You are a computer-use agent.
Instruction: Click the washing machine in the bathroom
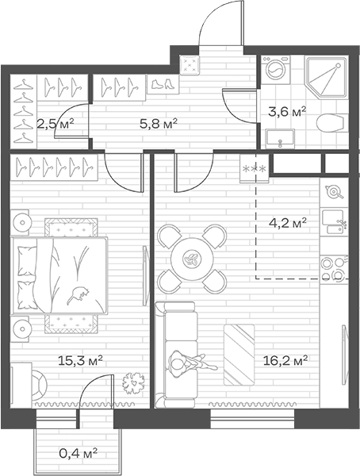[x=276, y=70]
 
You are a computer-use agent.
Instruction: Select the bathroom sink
[x=280, y=138]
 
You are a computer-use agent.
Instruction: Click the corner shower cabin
[x=326, y=78]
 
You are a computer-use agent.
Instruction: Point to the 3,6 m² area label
[x=287, y=112]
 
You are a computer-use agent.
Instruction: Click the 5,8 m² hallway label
[x=158, y=124]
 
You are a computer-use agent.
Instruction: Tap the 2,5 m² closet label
[x=56, y=124]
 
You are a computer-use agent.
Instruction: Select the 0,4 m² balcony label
[x=79, y=454]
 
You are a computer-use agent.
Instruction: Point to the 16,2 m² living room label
[x=285, y=361]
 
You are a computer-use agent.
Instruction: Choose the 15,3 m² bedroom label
[x=80, y=361]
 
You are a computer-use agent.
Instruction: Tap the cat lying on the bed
[x=78, y=294]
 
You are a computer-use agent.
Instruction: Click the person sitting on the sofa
[x=191, y=363]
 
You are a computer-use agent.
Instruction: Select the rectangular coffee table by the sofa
[x=239, y=355]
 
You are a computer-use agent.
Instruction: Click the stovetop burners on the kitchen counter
[x=334, y=268]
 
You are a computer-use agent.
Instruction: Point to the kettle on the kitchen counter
[x=334, y=191]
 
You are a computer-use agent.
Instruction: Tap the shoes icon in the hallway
[x=163, y=83]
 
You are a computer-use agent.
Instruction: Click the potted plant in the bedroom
[x=133, y=383]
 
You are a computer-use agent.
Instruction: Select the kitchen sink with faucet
[x=334, y=221]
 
